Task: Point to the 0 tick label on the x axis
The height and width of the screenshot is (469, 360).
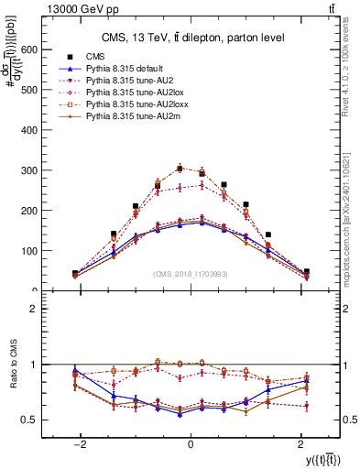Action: coord(190,442)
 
